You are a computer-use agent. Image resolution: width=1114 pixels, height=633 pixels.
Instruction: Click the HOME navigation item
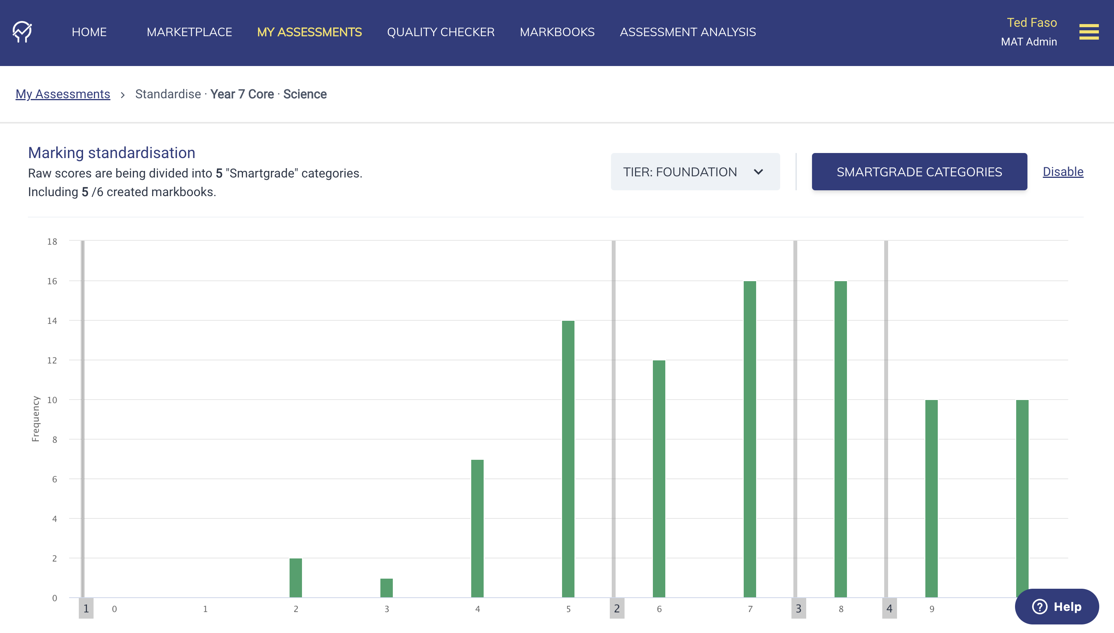coord(89,32)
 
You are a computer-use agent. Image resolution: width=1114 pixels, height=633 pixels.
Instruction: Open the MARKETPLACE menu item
coord(189,32)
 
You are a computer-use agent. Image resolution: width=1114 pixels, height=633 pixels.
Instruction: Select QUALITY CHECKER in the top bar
coord(441,32)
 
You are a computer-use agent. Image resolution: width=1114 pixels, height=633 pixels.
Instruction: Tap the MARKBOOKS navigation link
coord(557,32)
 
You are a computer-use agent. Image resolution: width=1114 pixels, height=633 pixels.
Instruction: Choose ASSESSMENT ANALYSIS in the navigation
coord(688,32)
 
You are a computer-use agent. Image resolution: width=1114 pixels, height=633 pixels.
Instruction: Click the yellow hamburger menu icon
coord(1089,32)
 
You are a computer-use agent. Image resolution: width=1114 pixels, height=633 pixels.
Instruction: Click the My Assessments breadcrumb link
coord(62,94)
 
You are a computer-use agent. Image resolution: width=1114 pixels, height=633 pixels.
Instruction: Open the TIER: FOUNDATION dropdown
coord(695,172)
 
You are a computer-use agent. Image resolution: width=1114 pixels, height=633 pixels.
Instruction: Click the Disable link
coord(1063,172)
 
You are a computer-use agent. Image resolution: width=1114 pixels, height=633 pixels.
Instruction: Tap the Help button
coord(1057,607)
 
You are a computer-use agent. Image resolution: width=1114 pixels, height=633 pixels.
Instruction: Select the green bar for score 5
coord(568,459)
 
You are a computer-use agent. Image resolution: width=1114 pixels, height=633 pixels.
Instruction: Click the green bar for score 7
coord(750,439)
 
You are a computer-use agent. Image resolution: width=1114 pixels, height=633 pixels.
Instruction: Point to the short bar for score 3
coord(386,588)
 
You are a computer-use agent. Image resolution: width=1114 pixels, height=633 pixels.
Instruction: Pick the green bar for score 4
coord(477,528)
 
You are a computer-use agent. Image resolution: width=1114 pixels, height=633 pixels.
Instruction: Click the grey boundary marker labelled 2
coord(616,609)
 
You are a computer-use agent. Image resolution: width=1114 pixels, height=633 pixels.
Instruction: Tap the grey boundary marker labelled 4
coord(889,609)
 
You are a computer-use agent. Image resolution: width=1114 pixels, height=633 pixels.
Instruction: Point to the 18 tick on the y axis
coord(52,241)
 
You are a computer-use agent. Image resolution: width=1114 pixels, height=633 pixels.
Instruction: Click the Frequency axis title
coord(36,419)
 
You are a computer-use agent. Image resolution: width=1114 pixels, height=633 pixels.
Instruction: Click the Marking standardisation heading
coord(112,153)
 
